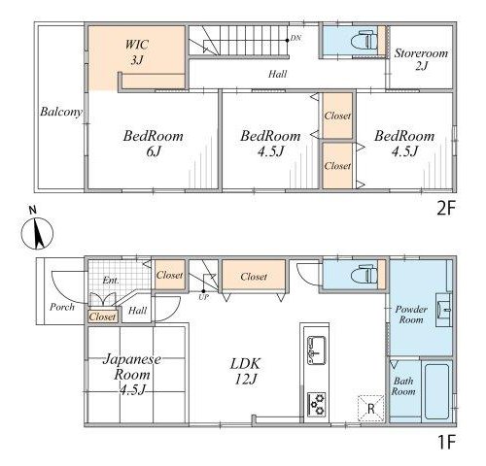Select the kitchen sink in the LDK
(317, 350)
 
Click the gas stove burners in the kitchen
(317, 404)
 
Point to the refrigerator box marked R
(370, 409)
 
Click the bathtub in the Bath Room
(436, 391)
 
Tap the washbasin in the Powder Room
(443, 310)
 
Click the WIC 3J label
(137, 51)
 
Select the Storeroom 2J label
(421, 59)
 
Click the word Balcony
(61, 112)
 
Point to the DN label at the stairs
(295, 38)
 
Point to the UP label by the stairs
(203, 297)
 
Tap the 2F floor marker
(446, 209)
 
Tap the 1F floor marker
(446, 442)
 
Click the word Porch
(62, 307)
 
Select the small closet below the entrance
(102, 316)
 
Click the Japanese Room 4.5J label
(132, 375)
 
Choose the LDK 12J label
(245, 372)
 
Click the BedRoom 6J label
(154, 144)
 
